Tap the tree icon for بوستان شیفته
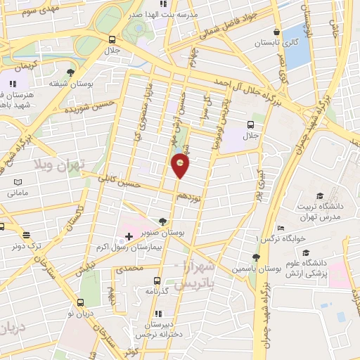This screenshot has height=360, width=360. click(x=70, y=72)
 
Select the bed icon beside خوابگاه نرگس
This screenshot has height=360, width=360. click(x=281, y=228)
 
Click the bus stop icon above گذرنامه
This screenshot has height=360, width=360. click(x=156, y=279)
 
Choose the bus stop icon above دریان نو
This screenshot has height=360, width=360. click(x=79, y=304)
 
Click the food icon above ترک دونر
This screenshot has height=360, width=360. click(x=27, y=236)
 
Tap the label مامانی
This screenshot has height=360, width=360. click(x=17, y=192)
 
